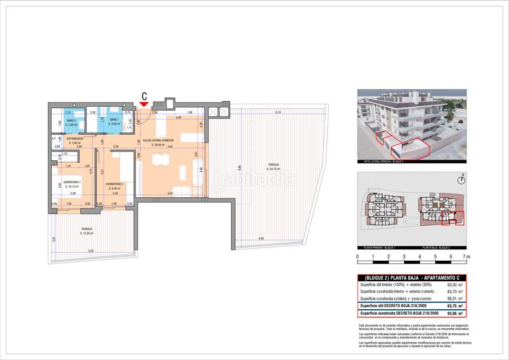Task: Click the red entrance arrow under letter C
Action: coord(144,103)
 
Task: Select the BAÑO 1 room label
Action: coord(115,121)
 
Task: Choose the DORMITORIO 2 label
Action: coord(115,186)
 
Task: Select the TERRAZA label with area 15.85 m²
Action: coord(86,231)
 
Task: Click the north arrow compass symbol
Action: coord(464,176)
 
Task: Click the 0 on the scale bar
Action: coord(358,257)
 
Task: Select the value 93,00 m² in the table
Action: coord(456,284)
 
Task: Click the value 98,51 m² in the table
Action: coord(456,298)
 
